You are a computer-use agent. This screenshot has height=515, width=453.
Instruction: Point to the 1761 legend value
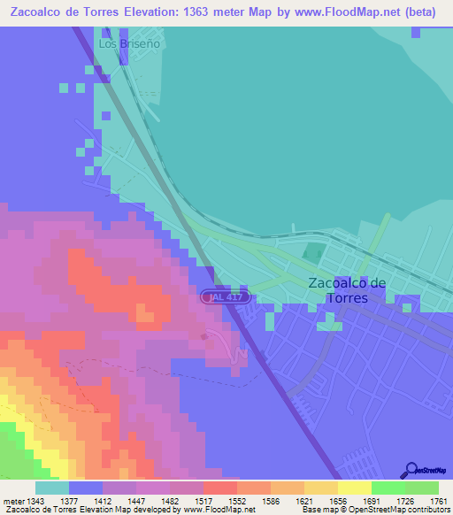[x=427, y=501]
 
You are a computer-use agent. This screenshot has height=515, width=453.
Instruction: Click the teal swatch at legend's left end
[x=52, y=488]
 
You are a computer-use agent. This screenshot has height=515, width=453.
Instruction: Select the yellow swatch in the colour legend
[x=354, y=488]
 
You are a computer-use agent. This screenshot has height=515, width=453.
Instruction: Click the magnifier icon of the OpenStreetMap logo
[x=410, y=470]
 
